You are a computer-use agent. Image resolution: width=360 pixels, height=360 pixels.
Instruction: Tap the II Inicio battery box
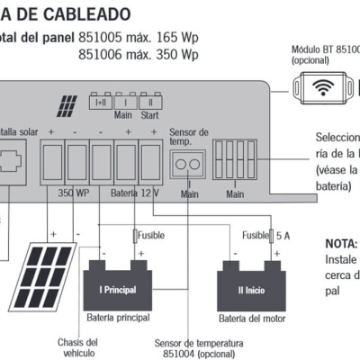250,290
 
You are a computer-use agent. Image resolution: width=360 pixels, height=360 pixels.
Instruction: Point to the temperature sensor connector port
187,164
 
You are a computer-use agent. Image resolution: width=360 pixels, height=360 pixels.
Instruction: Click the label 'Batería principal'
117,319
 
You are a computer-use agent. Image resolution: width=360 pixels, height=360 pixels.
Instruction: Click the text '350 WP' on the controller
74,193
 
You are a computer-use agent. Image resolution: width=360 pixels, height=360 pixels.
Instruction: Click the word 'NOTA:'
342,244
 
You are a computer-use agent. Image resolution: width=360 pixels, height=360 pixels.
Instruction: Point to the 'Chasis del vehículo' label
76,347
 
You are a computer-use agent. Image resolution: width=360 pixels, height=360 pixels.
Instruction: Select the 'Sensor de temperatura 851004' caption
199,347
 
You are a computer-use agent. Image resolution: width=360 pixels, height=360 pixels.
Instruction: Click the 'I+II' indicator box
100,103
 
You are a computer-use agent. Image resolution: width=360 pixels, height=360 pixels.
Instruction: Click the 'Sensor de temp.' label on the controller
189,137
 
